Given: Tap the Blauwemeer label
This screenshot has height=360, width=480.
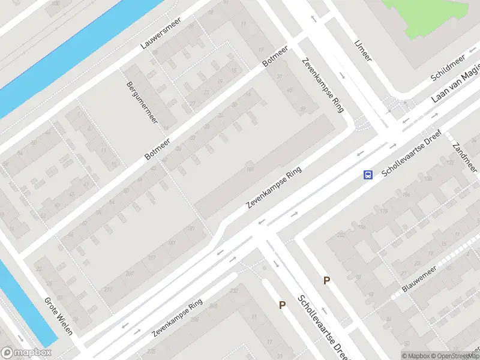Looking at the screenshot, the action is (x=419, y=280).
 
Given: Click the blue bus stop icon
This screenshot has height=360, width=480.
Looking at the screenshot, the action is (x=367, y=175).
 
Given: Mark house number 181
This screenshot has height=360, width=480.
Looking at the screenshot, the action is (x=192, y=229).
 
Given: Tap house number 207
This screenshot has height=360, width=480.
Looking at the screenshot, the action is (x=128, y=274).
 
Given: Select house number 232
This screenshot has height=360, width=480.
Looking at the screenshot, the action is (x=233, y=290).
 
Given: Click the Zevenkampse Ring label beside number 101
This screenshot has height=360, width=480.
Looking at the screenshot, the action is (x=273, y=188).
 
